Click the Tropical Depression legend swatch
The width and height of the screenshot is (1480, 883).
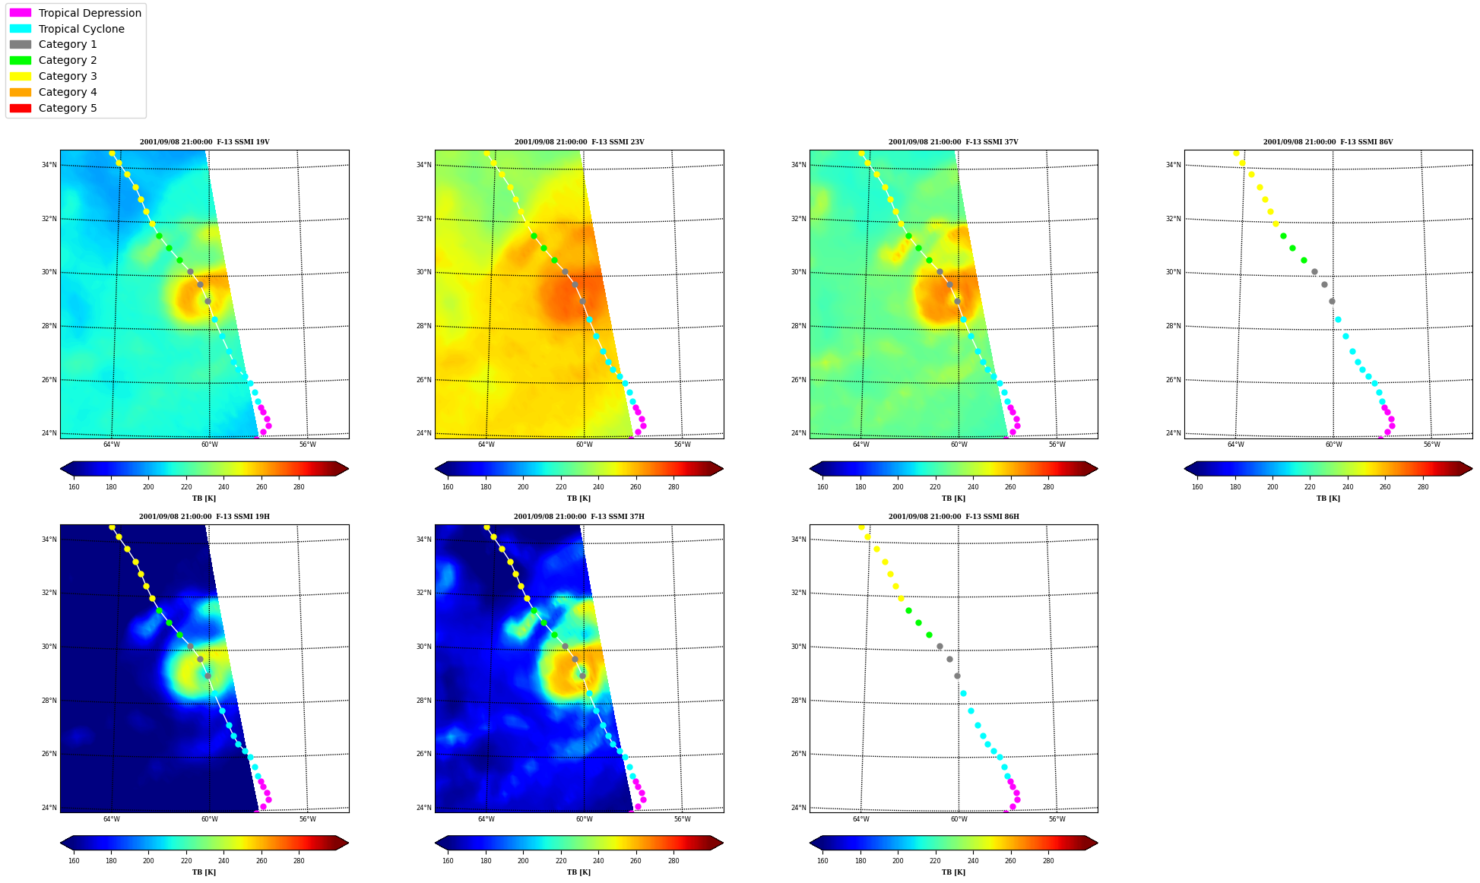(x=21, y=13)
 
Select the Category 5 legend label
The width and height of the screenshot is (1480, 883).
(x=68, y=108)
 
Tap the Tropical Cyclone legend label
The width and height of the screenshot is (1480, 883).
(x=81, y=29)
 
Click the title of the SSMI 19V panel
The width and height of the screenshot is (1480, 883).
(x=204, y=142)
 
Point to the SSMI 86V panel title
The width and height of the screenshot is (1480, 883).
(x=1328, y=142)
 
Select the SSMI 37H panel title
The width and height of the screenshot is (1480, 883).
(x=579, y=517)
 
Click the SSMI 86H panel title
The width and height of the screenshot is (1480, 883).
(x=954, y=517)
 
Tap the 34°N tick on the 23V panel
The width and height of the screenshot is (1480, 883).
(x=423, y=165)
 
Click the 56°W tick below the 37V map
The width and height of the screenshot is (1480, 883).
(x=1057, y=445)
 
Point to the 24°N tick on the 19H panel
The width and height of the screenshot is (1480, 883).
(x=49, y=808)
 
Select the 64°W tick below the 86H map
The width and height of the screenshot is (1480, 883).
(x=861, y=819)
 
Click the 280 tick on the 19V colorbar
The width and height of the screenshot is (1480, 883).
(x=299, y=487)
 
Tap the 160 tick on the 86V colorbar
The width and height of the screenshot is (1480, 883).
(x=1197, y=487)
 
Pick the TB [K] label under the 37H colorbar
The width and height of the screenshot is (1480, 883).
(x=579, y=872)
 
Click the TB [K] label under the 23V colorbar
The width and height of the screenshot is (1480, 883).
(x=579, y=498)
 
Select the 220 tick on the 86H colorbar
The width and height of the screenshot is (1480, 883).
(x=935, y=861)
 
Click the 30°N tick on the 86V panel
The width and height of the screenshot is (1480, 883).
(x=1173, y=272)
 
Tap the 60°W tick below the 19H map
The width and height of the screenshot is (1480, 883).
(x=210, y=819)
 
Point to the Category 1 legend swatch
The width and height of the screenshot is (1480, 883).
(x=21, y=45)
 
